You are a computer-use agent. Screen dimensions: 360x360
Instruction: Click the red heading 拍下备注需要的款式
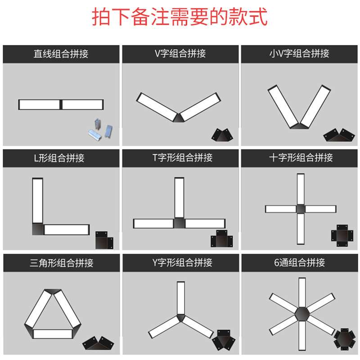click(x=180, y=18)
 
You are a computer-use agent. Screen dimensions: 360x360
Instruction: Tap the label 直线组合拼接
click(x=61, y=54)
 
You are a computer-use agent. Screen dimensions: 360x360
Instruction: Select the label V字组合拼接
click(x=180, y=54)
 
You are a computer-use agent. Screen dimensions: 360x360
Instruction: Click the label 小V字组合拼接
click(x=299, y=54)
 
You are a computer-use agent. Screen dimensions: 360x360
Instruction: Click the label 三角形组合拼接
click(x=61, y=263)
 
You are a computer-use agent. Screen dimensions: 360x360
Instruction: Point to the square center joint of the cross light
click(x=300, y=208)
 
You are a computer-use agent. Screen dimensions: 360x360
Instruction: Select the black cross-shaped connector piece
click(x=342, y=235)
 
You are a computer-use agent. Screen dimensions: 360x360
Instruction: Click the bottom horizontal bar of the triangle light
click(x=53, y=334)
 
